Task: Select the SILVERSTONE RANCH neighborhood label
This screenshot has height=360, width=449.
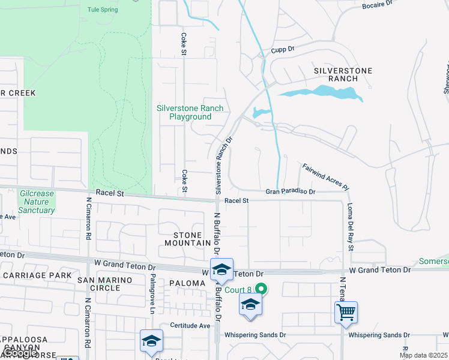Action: click(x=343, y=74)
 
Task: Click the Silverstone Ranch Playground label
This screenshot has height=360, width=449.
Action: click(x=190, y=112)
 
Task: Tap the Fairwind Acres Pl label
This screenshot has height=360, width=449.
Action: click(x=325, y=177)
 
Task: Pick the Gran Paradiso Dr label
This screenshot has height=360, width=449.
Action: click(x=291, y=192)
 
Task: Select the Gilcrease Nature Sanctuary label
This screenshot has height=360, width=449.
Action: click(x=37, y=202)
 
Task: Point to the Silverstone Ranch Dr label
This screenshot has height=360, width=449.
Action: click(x=221, y=163)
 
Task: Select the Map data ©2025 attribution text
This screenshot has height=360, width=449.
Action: click(x=423, y=355)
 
